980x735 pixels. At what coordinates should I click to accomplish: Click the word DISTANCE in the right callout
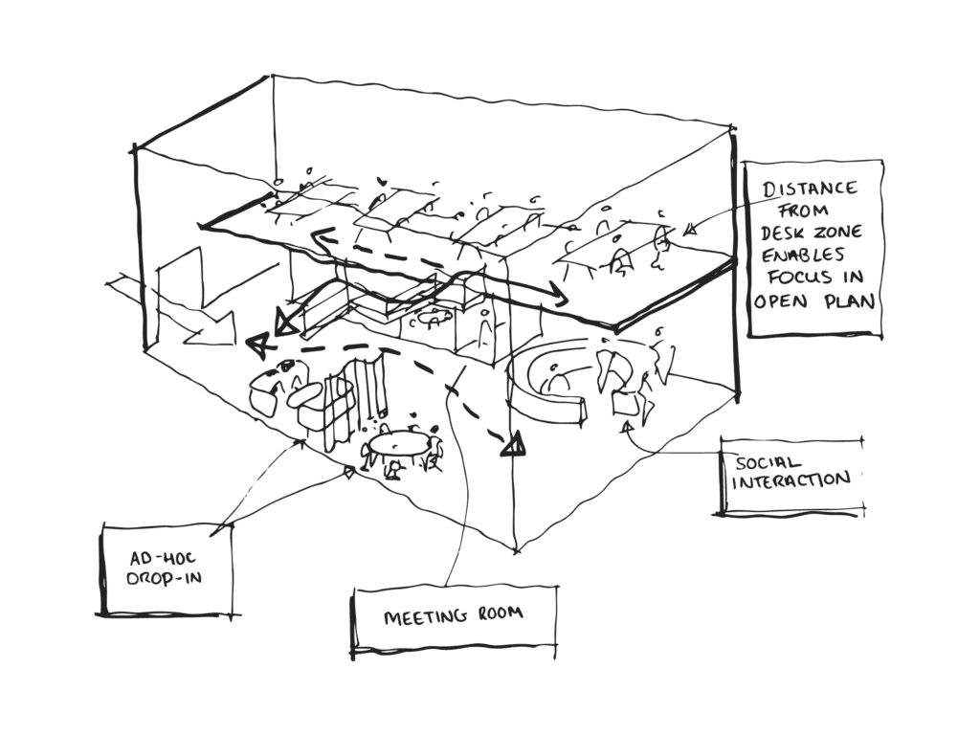tap(810, 188)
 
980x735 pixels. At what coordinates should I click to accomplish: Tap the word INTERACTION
tap(790, 480)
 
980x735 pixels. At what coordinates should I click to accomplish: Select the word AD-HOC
tap(152, 557)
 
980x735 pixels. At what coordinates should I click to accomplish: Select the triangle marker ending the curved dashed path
tap(514, 443)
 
